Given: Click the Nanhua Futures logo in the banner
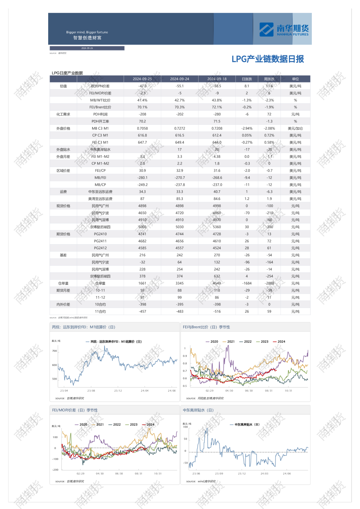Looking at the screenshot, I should pos(284,29).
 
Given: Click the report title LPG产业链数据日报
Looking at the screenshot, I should pos(268,59).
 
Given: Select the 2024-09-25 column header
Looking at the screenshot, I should pos(142,79).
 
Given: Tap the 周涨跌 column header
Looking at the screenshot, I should pos(269,79).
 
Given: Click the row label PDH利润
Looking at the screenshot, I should pos(100,115).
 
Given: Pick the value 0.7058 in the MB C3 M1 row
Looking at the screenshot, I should pos(142,128).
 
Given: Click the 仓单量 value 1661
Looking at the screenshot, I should pos(142,284).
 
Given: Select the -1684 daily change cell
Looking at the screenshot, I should pos(247,284).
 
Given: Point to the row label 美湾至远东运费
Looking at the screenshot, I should pos(100,199).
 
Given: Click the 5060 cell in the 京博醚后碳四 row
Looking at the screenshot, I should pos(142,227).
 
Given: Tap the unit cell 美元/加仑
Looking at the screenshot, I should pos(295,128).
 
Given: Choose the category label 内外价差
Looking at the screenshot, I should pos(63,304).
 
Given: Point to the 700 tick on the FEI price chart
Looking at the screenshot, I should pos(55,351).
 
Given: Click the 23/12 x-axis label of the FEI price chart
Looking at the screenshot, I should pos(118,391).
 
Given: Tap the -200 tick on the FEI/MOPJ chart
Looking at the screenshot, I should pos(55,470).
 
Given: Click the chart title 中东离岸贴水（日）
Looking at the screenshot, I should pos(198,410).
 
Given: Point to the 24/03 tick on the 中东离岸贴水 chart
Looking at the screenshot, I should pos(264,474).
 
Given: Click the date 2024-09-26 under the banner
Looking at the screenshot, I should pos(87,48).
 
